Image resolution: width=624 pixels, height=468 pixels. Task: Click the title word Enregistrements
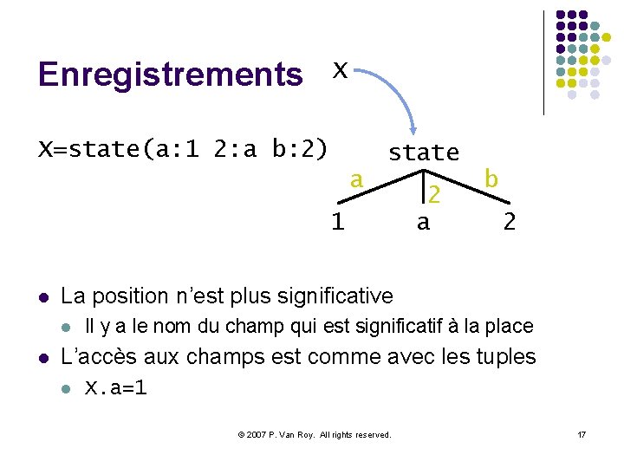tap(170, 75)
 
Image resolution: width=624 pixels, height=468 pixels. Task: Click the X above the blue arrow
tap(341, 69)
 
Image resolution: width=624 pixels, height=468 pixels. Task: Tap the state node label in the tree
tap(423, 153)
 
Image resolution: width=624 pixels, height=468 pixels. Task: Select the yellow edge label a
tap(355, 179)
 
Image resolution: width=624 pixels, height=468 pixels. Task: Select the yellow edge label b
tap(491, 179)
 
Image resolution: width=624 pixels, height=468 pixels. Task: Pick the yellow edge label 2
tap(436, 196)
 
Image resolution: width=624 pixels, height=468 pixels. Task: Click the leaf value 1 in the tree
tap(337, 222)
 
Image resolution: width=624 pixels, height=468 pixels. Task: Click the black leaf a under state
tap(423, 223)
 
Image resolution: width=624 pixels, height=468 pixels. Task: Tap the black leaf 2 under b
tap(510, 223)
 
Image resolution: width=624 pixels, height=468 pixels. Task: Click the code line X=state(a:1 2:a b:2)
tap(183, 149)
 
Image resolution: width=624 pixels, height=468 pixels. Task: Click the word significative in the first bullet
tap(335, 296)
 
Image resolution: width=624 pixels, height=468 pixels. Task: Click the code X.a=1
tap(115, 387)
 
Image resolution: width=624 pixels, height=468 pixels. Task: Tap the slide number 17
tap(582, 434)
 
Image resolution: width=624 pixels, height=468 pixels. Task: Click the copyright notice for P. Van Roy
tap(315, 434)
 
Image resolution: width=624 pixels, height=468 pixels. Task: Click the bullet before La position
tap(43, 297)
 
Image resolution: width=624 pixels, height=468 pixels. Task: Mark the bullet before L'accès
tap(43, 357)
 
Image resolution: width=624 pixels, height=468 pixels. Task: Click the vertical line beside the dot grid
tap(543, 62)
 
